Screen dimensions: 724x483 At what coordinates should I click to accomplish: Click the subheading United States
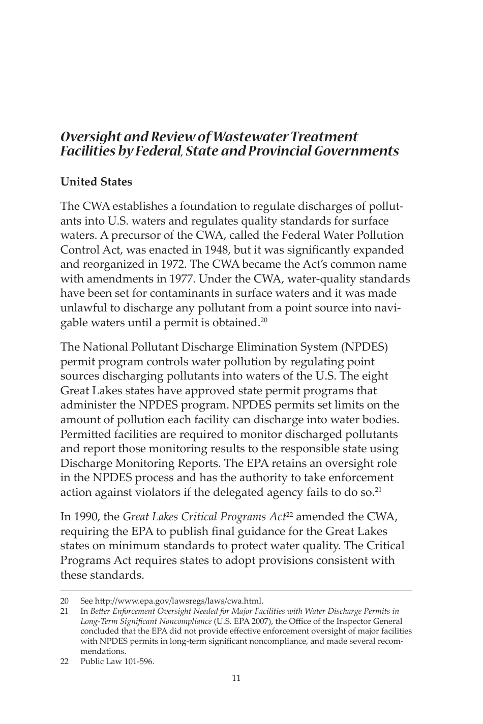point(96,182)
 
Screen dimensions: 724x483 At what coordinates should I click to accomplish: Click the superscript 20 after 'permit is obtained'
point(263,320)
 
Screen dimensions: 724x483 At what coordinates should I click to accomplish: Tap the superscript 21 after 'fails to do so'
point(378,490)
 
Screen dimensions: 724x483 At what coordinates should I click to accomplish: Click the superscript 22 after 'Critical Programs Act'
point(289,515)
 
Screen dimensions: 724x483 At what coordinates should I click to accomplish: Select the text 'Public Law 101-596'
point(117,662)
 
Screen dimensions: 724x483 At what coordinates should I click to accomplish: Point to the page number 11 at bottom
point(236,678)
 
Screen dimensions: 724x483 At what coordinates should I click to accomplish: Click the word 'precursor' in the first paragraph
point(133,236)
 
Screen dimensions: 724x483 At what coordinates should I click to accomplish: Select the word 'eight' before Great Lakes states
point(375,376)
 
